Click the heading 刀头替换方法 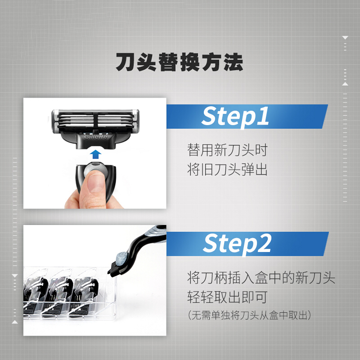(x=179, y=62)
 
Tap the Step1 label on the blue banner (x=235, y=117)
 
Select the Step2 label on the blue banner (x=237, y=244)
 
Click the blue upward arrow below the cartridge (x=95, y=154)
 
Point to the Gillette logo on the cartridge (x=96, y=137)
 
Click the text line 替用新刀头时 (x=227, y=150)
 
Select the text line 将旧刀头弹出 (x=227, y=170)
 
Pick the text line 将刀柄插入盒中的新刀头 (x=261, y=277)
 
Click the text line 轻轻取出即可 (x=227, y=297)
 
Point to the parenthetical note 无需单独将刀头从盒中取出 (x=249, y=315)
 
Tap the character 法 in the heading (x=234, y=62)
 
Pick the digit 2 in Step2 (x=264, y=243)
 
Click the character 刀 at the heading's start (x=125, y=62)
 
